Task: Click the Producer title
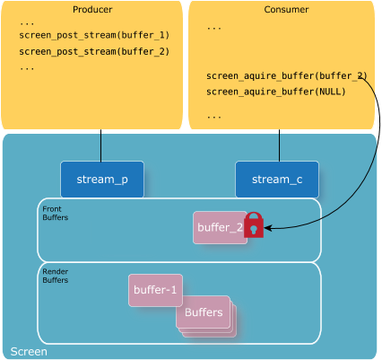pyautogui.click(x=92, y=10)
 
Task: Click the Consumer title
pyautogui.click(x=286, y=10)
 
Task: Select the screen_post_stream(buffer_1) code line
pyautogui.click(x=94, y=35)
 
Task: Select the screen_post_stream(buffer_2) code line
pyautogui.click(x=94, y=52)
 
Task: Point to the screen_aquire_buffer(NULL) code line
pyautogui.click(x=276, y=92)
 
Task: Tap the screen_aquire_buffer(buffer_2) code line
pyautogui.click(x=286, y=76)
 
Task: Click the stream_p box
pyautogui.click(x=102, y=180)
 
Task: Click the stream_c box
pyautogui.click(x=277, y=180)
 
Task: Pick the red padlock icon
pyautogui.click(x=254, y=225)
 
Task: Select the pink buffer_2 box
pyautogui.click(x=220, y=227)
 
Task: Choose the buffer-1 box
pyautogui.click(x=155, y=290)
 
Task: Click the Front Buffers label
pyautogui.click(x=56, y=213)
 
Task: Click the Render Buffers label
pyautogui.click(x=56, y=276)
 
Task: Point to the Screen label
pyautogui.click(x=29, y=352)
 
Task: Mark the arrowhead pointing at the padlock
pyautogui.click(x=268, y=228)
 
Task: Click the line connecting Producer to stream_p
pyautogui.click(x=101, y=145)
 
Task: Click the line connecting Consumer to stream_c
pyautogui.click(x=280, y=145)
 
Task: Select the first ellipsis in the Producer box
pyautogui.click(x=27, y=23)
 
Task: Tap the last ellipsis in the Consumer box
pyautogui.click(x=214, y=117)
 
